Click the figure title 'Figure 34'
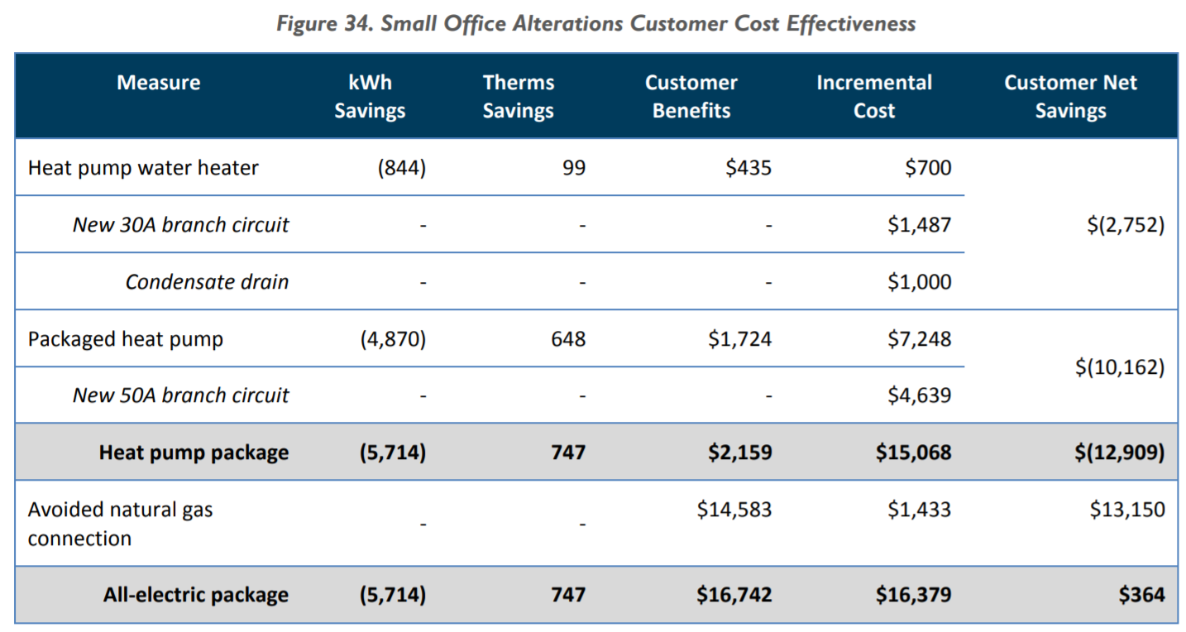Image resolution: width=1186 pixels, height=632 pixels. (595, 23)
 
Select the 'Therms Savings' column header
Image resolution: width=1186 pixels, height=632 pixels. (519, 97)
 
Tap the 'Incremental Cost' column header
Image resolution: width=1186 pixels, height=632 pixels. (874, 97)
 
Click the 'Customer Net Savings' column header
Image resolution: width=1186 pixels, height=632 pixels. (1070, 97)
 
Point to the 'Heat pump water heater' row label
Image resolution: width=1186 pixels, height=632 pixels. (143, 168)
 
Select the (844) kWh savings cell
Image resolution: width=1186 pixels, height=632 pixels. (401, 168)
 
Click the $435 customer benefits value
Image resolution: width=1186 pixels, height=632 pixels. (748, 168)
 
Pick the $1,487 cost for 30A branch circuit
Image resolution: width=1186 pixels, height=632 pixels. (920, 225)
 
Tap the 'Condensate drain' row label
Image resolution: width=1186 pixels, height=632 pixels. (207, 282)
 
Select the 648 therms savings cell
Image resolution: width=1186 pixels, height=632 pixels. (568, 339)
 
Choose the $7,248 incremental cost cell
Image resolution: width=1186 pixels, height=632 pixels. (920, 339)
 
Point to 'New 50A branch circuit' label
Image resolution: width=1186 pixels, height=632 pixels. (180, 395)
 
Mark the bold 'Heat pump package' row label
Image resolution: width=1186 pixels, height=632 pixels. (194, 452)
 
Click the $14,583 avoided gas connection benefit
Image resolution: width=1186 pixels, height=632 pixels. (734, 510)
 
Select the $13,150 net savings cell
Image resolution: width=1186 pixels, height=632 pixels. (1127, 510)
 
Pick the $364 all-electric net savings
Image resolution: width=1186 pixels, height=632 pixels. (1142, 595)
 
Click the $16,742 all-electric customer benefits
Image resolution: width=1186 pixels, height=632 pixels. (734, 595)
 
